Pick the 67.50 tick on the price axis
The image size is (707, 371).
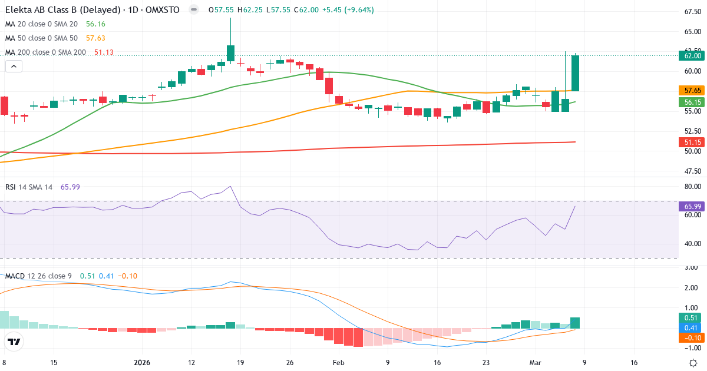(x=692, y=12)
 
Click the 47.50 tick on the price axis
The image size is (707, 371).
(x=692, y=172)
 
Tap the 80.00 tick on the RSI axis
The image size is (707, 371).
(x=692, y=187)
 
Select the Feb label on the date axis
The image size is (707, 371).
(x=338, y=363)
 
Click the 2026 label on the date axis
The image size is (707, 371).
(x=143, y=363)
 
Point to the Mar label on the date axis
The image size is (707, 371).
(x=535, y=363)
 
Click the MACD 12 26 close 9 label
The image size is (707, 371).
(x=39, y=276)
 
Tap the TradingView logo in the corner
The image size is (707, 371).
(x=14, y=342)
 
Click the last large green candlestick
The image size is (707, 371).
(x=575, y=74)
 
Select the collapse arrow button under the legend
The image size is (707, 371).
(x=14, y=67)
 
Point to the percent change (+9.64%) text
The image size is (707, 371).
(x=354, y=10)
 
